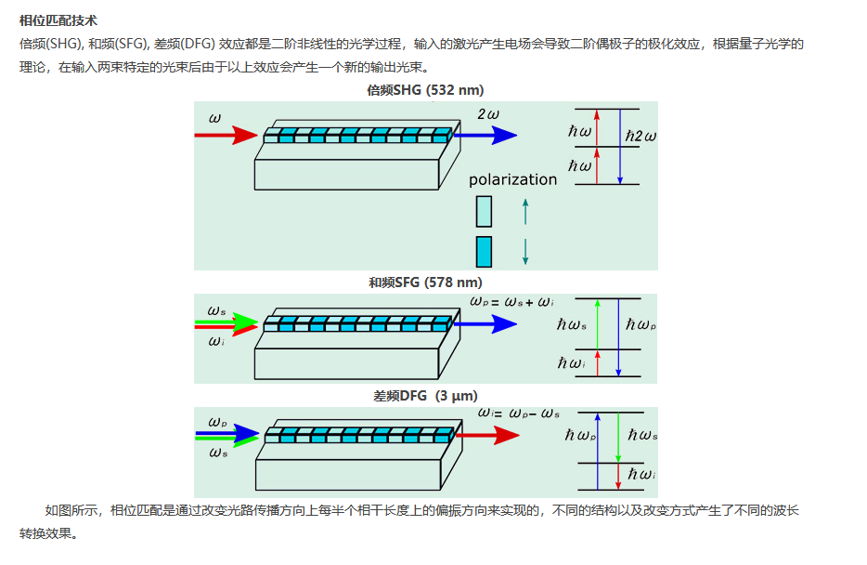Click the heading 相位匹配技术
[58, 20]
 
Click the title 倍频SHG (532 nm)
[425, 90]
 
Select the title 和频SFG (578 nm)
[425, 282]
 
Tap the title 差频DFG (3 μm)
[424, 396]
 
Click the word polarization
[512, 179]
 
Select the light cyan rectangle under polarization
[484, 211]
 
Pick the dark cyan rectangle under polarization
[484, 252]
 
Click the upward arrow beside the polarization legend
[525, 211]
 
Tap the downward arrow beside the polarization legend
[525, 252]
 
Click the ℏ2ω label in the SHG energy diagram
[641, 136]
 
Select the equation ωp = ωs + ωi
[512, 302]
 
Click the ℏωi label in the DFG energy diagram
[641, 475]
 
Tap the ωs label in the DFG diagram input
[218, 453]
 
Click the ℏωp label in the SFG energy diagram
[641, 325]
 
